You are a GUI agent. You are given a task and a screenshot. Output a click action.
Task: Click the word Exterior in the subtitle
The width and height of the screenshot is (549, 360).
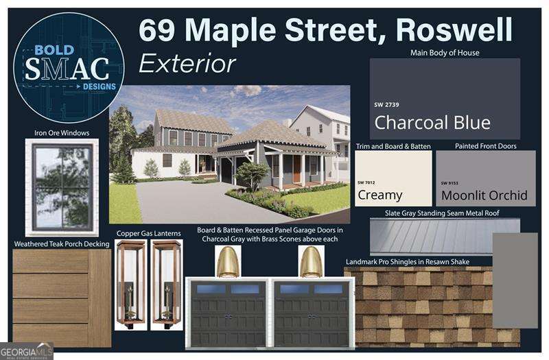point(187,63)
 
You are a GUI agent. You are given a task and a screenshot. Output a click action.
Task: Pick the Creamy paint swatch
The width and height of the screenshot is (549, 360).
point(393,178)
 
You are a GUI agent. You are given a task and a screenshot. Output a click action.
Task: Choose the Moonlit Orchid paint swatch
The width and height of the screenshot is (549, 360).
point(486,178)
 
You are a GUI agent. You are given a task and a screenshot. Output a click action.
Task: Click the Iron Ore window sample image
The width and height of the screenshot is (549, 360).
point(62,187)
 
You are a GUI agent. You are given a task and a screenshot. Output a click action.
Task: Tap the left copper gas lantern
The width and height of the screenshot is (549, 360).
point(130,283)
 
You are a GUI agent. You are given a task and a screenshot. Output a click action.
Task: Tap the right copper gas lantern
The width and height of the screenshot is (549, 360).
point(167,283)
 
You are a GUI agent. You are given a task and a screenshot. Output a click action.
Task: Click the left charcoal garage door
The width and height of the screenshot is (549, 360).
point(229,313)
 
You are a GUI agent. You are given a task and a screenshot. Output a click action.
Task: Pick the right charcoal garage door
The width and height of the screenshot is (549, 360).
point(312,313)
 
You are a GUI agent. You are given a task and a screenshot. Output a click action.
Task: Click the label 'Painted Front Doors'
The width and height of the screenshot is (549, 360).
point(485,146)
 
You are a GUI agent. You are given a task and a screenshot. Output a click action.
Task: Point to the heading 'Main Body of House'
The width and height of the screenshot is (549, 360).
point(445,53)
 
